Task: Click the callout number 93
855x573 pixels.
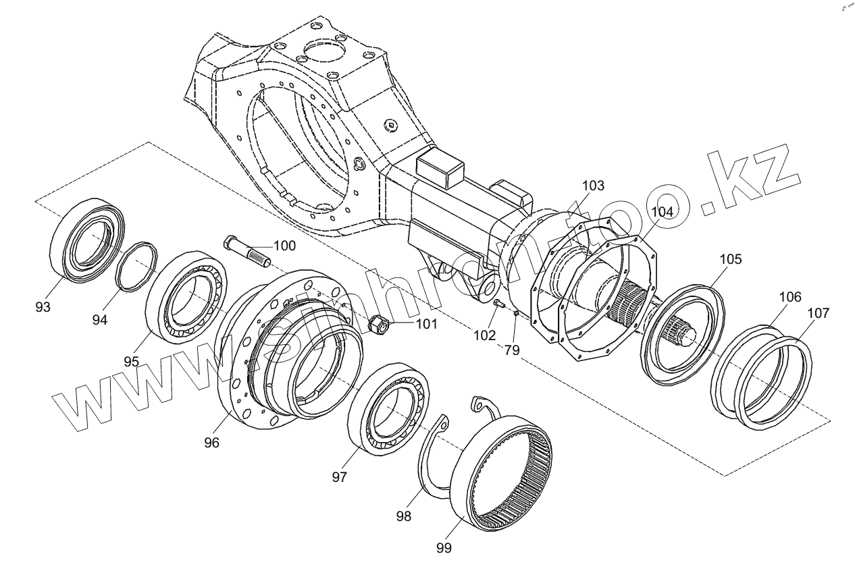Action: tap(43, 307)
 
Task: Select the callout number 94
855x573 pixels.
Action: tap(100, 319)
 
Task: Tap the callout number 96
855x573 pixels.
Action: tap(212, 442)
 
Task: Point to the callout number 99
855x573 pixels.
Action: tap(443, 547)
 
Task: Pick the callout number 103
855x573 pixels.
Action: tap(593, 185)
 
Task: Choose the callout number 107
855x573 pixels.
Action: tap(819, 312)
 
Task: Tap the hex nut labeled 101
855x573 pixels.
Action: tap(378, 325)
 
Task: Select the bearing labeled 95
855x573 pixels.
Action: tap(186, 295)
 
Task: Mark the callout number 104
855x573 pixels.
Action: tap(663, 211)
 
